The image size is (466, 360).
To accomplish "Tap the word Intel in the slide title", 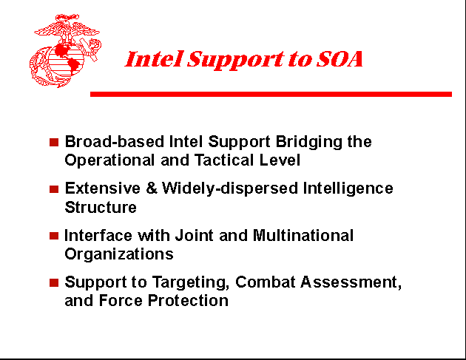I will tap(152, 60).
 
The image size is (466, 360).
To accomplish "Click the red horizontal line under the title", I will tap(271, 94).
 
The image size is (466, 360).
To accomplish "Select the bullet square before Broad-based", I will tap(53, 142).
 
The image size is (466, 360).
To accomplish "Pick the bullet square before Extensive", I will tap(53, 189).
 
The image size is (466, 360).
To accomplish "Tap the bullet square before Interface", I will tap(53, 236).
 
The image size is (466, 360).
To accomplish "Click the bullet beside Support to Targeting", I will tap(53, 282).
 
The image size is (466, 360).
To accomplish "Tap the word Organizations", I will tap(119, 254).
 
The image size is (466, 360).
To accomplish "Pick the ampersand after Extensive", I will tap(152, 189).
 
